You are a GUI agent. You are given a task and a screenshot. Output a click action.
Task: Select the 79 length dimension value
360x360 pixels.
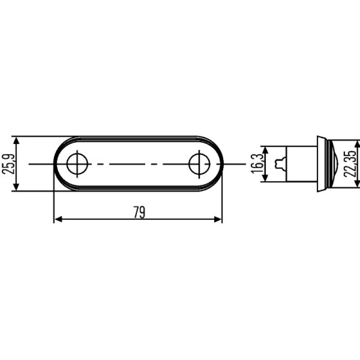click(x=139, y=212)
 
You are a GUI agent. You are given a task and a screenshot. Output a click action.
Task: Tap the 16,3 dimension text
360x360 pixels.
click(x=257, y=164)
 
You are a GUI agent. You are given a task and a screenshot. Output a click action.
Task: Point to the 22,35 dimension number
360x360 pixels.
click(x=351, y=164)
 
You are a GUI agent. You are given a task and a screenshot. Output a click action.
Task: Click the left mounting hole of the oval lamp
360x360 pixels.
click(x=78, y=164)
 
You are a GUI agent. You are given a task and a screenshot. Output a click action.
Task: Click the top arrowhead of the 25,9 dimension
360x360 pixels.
click(x=17, y=140)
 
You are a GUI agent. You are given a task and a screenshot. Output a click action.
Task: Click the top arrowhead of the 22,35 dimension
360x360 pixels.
click(x=358, y=144)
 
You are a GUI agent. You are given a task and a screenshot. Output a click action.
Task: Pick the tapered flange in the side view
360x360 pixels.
click(x=321, y=164)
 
